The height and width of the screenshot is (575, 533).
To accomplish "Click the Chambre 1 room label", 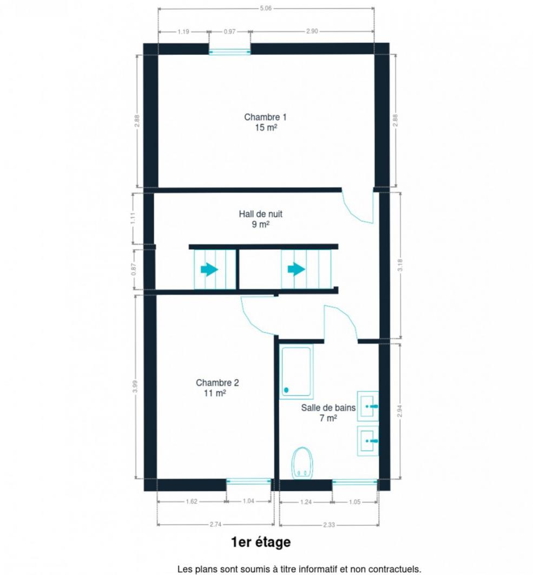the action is (265, 122).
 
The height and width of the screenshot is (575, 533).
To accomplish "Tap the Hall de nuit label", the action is (260, 219).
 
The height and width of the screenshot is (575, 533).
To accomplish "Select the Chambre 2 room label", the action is (217, 388).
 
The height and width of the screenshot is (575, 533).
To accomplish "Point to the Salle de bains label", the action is (328, 413).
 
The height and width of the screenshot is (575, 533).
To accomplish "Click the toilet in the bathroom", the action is (302, 463).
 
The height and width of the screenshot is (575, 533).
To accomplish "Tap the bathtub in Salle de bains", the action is (296, 371).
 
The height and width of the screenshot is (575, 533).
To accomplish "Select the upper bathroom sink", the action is (367, 406).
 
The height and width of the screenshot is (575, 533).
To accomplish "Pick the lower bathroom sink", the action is (367, 440).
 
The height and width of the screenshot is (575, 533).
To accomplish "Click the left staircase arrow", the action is (209, 270).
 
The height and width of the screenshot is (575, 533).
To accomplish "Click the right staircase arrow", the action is (296, 270).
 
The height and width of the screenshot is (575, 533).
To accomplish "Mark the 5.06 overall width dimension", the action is (265, 8).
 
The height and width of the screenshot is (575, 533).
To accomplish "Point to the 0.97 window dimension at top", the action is (229, 31).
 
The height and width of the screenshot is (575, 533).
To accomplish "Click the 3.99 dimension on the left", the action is (135, 386).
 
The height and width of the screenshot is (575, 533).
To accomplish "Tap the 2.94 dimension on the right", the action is (400, 411).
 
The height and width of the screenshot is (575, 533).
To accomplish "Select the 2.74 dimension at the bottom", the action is (215, 525).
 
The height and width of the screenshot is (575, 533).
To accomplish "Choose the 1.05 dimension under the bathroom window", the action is (354, 502).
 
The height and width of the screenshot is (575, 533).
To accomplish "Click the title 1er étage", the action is (261, 542).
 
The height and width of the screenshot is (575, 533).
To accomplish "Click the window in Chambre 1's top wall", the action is (230, 52).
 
